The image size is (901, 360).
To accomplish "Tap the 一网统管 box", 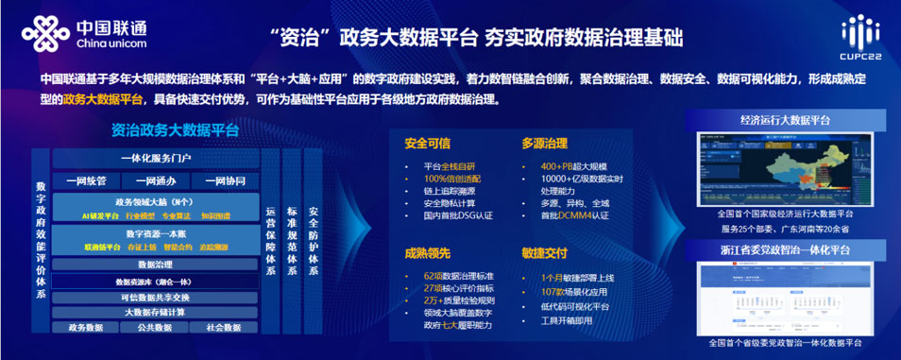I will point(91,180).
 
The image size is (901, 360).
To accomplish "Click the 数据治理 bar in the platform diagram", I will point(155,265).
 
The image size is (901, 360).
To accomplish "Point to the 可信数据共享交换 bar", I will point(155,297).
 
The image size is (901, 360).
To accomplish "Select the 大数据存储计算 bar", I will point(155,312).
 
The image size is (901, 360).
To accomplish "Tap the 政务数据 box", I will point(86,328).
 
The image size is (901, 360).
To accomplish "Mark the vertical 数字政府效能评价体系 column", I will point(41,240).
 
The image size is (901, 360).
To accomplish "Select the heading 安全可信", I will point(428,145).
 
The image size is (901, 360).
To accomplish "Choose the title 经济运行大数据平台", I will point(785,121).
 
